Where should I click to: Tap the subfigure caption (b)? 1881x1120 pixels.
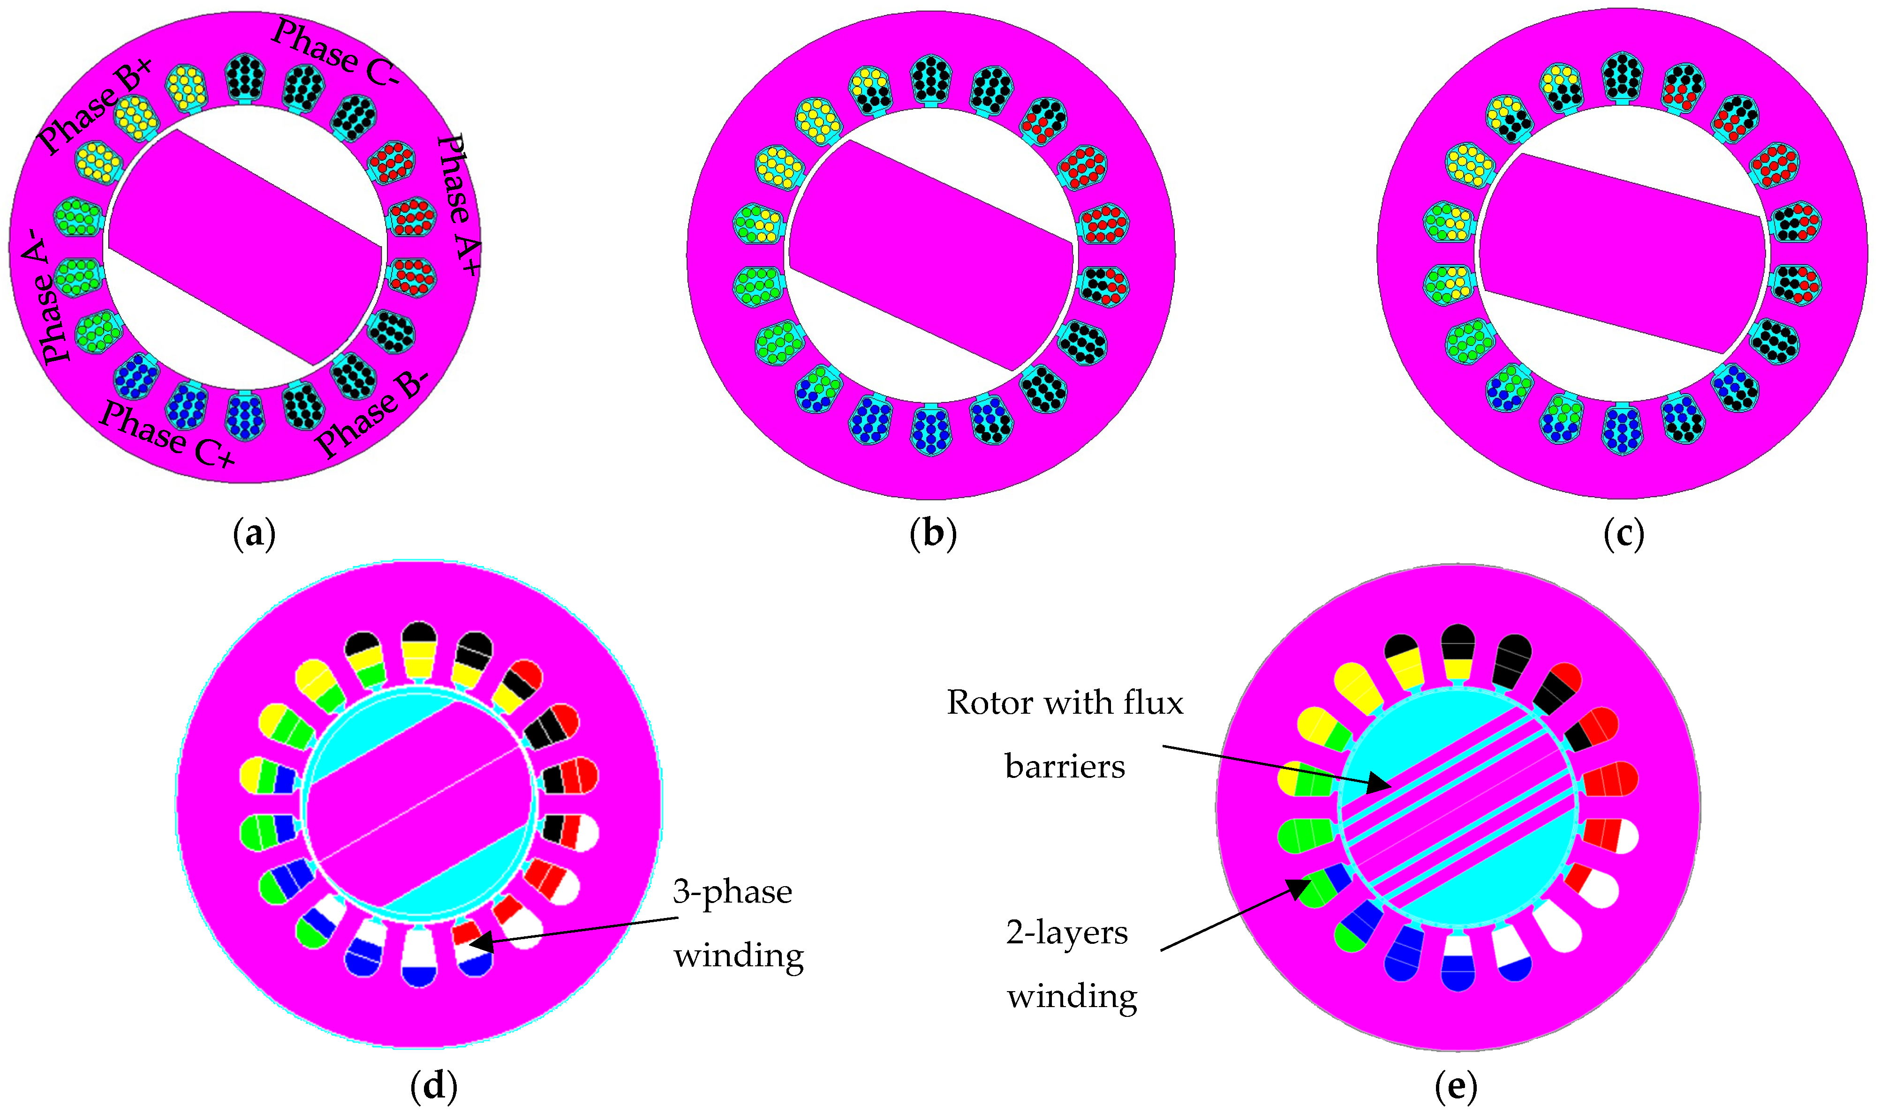[x=933, y=534]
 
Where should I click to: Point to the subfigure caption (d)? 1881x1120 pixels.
[x=433, y=1085]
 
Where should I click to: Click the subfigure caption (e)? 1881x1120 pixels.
[x=1455, y=1085]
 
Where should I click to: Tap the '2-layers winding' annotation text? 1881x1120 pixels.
[x=1071, y=964]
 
